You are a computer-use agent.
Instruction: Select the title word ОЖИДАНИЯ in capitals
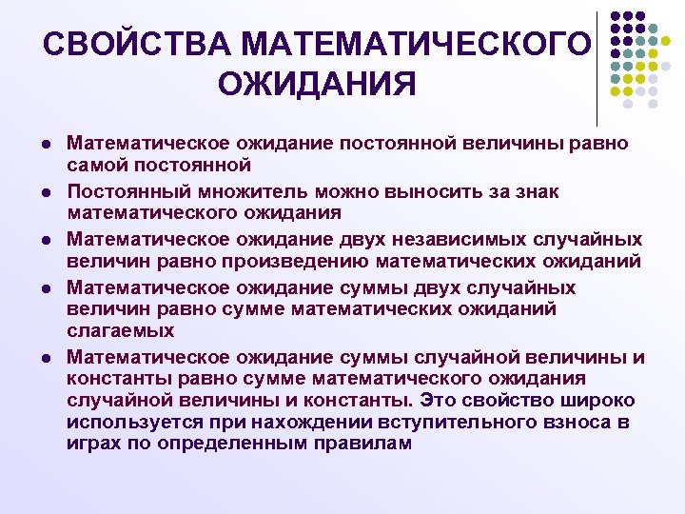pyautogui.click(x=317, y=85)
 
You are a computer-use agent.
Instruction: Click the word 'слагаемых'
pyautogui.click(x=121, y=330)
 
